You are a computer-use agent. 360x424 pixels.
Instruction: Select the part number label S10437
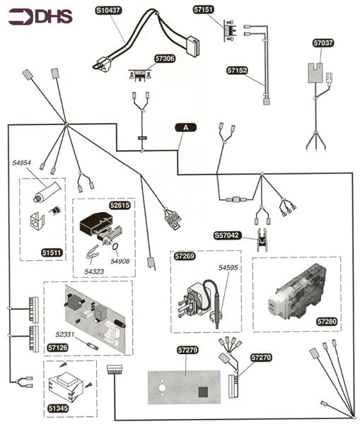tap(109, 11)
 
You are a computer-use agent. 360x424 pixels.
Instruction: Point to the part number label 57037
tap(324, 43)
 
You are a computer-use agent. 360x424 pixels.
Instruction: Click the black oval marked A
tap(185, 128)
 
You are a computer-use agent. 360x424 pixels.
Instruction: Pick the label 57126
tap(58, 348)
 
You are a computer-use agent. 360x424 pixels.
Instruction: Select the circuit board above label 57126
tap(95, 316)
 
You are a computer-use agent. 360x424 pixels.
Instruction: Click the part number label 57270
tap(261, 359)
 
